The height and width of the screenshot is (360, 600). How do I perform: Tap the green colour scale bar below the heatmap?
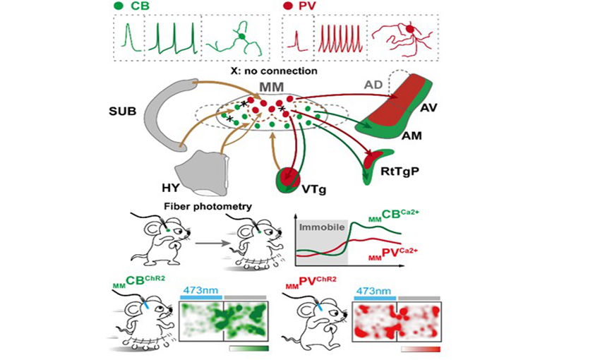pyautogui.click(x=249, y=349)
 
